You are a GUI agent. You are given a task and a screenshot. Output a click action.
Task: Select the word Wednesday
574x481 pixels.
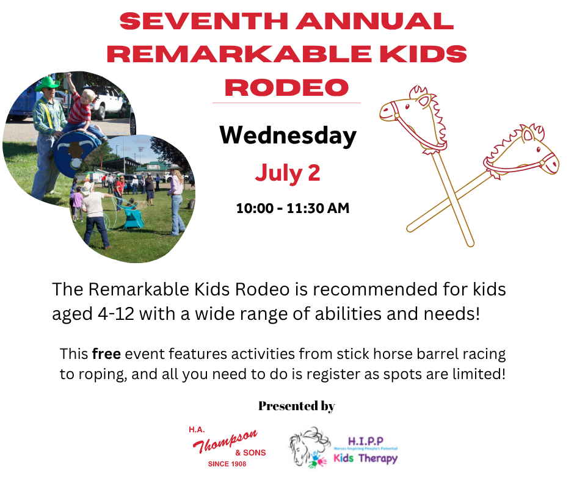[x=288, y=136]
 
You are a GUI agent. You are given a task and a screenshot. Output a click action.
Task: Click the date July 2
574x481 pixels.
[x=288, y=173]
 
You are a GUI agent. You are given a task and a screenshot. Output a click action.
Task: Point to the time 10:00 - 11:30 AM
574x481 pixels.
[x=292, y=208]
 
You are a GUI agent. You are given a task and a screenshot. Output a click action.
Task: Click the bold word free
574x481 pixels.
[x=106, y=354]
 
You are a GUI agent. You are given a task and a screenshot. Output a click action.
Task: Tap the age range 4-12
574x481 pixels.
[x=116, y=314]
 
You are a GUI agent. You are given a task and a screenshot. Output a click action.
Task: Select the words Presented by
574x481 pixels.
[x=297, y=406]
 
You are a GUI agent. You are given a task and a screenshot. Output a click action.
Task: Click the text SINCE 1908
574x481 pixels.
[x=227, y=464]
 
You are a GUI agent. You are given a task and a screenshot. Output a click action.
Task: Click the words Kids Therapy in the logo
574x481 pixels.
[x=365, y=458]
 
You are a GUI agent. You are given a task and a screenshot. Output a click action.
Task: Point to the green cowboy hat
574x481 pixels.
[x=47, y=83]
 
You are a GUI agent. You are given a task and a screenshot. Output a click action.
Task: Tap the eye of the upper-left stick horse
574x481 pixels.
[x=407, y=107]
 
